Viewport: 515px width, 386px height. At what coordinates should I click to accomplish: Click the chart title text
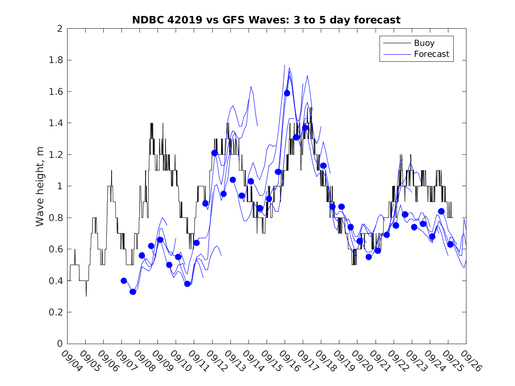pos(266,20)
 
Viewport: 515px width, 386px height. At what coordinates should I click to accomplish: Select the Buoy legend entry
pos(424,43)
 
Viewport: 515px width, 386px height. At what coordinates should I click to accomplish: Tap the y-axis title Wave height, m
pos(40,186)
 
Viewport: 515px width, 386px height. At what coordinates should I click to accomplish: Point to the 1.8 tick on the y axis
pos(56,60)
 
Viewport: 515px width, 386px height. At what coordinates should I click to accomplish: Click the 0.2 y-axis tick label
pos(56,312)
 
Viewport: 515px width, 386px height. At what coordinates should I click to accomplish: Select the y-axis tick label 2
pos(59,29)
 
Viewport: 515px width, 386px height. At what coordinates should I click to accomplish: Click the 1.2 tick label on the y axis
pos(56,155)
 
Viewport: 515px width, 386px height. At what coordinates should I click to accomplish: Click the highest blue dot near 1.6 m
pos(287,93)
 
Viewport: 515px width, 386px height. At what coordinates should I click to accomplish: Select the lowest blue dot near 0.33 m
pos(133,292)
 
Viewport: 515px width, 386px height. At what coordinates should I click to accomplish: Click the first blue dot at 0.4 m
pos(124,281)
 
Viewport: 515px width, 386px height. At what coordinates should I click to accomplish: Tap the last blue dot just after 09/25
pos(450,244)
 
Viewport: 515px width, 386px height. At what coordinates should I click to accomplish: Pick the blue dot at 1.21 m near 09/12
pos(214,153)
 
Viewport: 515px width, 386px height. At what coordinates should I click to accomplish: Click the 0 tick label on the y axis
pos(59,344)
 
